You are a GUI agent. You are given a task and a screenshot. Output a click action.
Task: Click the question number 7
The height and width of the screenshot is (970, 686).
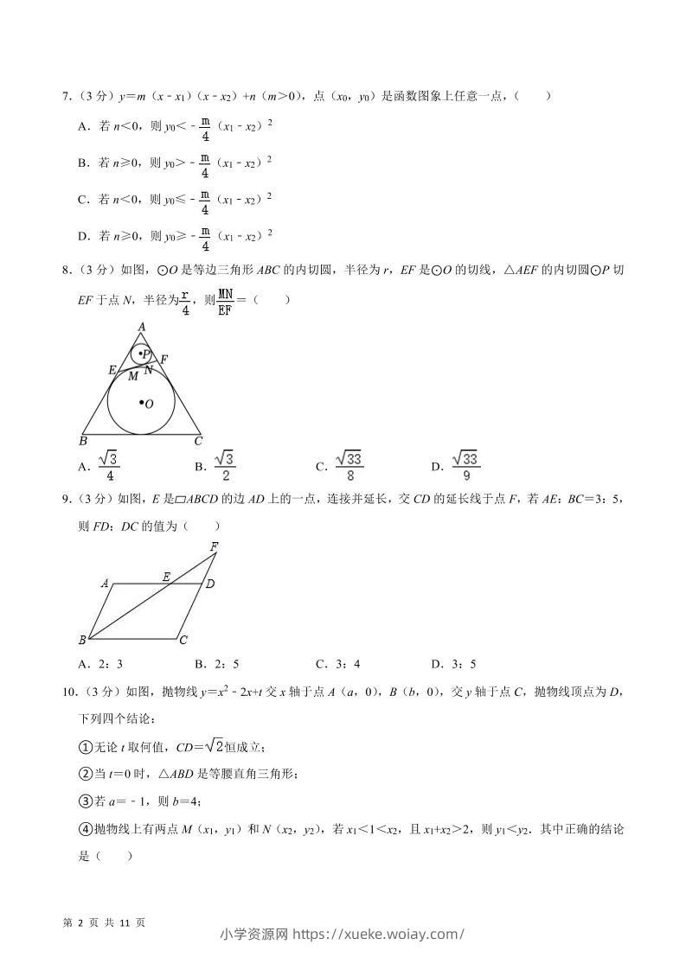(x=66, y=96)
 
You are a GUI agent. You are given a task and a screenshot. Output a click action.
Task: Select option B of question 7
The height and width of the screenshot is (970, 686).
(x=83, y=163)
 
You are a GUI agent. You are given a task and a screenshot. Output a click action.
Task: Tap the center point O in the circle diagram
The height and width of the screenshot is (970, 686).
(x=147, y=404)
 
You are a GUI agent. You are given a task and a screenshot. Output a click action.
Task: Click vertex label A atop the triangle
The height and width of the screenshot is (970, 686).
(x=141, y=326)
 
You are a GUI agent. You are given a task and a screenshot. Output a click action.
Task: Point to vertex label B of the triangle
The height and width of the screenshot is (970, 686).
(x=82, y=441)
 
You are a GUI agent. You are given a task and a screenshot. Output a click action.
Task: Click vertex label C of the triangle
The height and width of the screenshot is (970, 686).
(x=198, y=441)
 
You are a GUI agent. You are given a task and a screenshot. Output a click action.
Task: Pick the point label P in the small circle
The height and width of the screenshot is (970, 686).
(x=145, y=354)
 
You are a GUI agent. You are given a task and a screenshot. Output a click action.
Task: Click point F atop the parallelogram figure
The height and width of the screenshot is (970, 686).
(x=214, y=546)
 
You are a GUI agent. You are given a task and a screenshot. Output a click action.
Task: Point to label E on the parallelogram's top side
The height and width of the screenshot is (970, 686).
(x=166, y=576)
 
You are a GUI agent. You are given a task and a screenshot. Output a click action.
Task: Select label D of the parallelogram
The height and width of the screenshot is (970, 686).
(x=209, y=584)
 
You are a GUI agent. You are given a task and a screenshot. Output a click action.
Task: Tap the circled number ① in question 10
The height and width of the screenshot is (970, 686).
(x=85, y=747)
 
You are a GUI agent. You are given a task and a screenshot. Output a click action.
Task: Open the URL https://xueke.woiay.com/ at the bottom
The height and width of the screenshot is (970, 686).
(x=379, y=934)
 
